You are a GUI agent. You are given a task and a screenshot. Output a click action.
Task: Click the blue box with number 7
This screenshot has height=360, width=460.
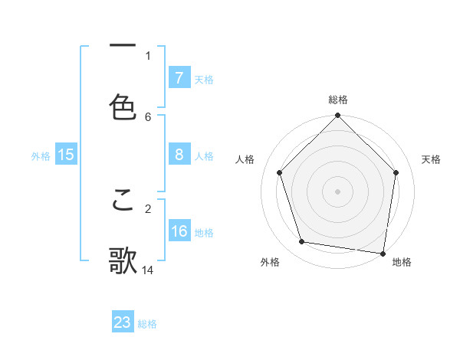click(179, 78)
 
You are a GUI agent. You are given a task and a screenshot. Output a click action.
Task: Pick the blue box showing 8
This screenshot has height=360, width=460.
click(179, 155)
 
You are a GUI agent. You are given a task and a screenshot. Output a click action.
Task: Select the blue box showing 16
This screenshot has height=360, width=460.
click(179, 231)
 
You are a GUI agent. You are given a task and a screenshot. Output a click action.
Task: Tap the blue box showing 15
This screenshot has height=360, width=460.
click(66, 155)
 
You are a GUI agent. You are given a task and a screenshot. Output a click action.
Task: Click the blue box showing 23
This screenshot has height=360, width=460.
click(123, 322)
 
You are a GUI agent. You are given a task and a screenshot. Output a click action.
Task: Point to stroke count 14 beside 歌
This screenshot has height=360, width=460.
click(149, 270)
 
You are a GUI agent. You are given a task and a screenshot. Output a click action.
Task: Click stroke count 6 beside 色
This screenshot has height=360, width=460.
click(148, 116)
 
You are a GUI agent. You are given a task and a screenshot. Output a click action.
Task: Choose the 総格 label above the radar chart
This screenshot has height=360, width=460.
click(338, 100)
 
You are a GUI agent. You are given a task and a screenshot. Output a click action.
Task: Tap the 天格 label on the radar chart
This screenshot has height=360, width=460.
click(432, 159)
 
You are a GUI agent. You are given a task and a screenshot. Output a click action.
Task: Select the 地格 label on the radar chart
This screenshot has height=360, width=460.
click(402, 262)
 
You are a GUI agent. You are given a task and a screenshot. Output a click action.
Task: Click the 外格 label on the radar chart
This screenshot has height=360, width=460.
click(270, 262)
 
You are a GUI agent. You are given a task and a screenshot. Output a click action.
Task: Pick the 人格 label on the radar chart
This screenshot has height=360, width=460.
click(245, 159)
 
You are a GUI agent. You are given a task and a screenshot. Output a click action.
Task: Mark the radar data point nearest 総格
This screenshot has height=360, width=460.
click(337, 116)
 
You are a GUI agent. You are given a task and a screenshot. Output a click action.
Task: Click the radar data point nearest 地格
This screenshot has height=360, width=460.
click(383, 253)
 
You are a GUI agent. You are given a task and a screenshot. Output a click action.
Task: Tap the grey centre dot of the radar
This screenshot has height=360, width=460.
click(337, 191)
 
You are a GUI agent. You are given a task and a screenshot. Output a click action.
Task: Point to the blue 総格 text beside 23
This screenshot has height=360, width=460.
click(147, 324)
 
